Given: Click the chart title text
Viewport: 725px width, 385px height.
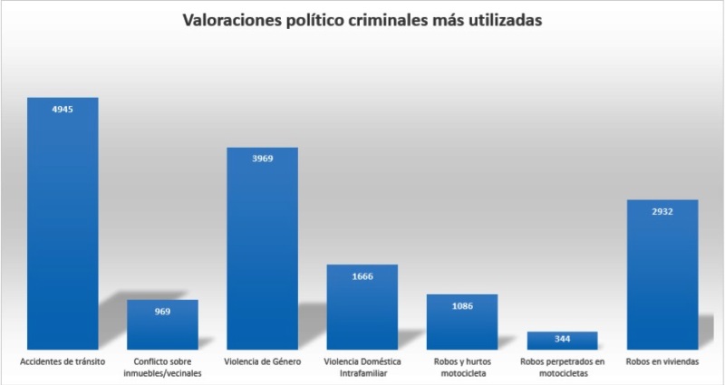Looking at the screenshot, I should pyautogui.click(x=362, y=20).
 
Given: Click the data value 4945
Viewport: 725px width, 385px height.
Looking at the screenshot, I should pyautogui.click(x=63, y=110).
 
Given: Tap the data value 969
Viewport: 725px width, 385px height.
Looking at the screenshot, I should pyautogui.click(x=162, y=312).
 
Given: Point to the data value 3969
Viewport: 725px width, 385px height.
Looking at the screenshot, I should pyautogui.click(x=262, y=159).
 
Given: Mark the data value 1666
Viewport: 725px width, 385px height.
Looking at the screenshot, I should pyautogui.click(x=362, y=276).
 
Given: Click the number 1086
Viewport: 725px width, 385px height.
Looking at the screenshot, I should pyautogui.click(x=462, y=306).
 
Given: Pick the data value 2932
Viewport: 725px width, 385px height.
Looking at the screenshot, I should pyautogui.click(x=662, y=211).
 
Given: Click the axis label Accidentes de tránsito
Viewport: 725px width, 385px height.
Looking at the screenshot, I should pyautogui.click(x=63, y=362).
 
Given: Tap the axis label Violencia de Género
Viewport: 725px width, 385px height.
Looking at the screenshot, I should pyautogui.click(x=262, y=362).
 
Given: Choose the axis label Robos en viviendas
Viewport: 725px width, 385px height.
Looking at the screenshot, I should pyautogui.click(x=662, y=362).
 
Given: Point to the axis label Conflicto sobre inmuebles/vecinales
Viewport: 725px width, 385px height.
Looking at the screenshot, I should pyautogui.click(x=162, y=368).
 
